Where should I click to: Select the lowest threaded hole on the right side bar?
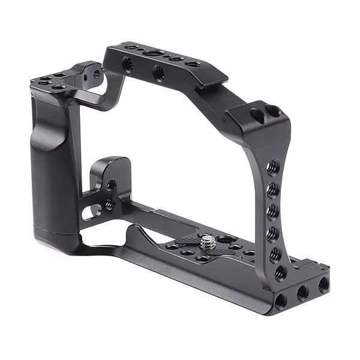(x=280, y=272)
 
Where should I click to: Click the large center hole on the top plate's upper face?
(x=148, y=55)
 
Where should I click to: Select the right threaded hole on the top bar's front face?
(x=159, y=73)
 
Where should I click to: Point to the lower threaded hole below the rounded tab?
(x=110, y=204)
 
